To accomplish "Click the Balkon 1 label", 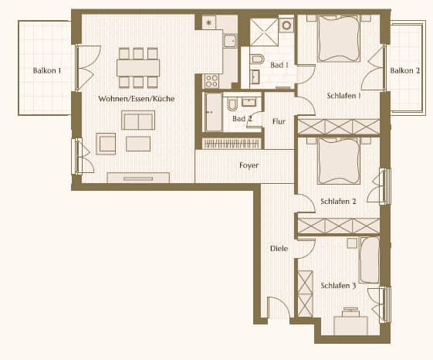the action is (47, 70).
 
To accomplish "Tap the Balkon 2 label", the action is (405, 70).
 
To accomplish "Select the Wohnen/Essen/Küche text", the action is (137, 99).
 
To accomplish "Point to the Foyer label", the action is (249, 165).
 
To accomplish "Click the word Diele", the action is (279, 248).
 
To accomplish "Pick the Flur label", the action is (279, 121).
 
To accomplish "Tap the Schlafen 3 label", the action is (338, 285).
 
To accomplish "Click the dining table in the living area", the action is (138, 68).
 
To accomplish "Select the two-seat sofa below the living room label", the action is (138, 121).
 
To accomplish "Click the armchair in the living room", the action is (106, 144).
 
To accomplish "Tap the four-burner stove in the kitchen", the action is (211, 81).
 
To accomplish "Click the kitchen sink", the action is (230, 41).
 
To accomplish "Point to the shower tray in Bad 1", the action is (264, 32).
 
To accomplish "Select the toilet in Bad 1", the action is (257, 59).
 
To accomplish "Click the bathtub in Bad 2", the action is (214, 112).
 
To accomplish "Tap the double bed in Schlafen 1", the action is (339, 38).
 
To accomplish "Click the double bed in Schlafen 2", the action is (339, 161).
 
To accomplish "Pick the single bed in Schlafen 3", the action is (370, 260).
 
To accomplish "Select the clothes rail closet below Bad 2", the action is (232, 144).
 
